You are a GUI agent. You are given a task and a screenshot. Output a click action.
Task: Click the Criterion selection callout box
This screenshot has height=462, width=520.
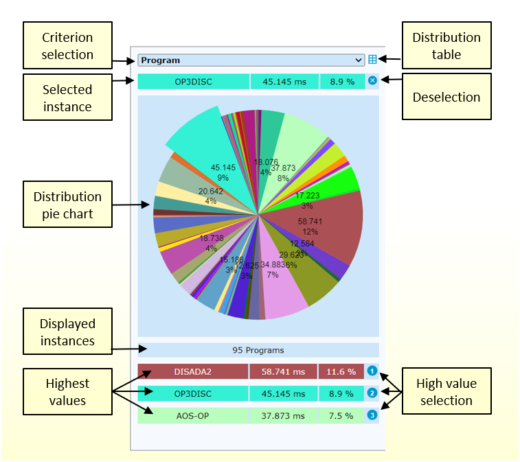(67, 46)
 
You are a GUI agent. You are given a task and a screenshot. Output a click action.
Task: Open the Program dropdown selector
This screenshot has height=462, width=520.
(251, 60)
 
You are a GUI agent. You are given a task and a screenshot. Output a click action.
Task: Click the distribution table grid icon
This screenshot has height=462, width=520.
(372, 60)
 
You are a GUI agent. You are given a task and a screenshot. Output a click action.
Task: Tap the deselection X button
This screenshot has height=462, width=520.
(372, 81)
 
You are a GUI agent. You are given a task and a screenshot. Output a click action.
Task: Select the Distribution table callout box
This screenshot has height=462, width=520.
(446, 46)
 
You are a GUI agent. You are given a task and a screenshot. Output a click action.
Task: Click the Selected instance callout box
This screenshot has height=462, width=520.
(67, 98)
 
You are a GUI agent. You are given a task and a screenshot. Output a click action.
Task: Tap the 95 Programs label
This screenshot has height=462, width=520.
(258, 350)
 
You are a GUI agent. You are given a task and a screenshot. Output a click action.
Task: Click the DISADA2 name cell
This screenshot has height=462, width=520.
(192, 371)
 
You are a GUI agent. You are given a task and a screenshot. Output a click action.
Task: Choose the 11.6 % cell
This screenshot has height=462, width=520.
(340, 371)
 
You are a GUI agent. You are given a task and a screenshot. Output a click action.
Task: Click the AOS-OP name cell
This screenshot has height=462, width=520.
(192, 415)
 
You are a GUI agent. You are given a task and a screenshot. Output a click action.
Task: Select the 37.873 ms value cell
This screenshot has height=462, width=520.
(283, 415)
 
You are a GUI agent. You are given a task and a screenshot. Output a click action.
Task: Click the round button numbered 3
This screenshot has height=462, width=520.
(372, 415)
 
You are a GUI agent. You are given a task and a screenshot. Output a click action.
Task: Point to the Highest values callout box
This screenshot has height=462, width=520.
(67, 391)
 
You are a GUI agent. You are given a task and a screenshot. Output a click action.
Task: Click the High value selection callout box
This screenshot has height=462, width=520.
(446, 391)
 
